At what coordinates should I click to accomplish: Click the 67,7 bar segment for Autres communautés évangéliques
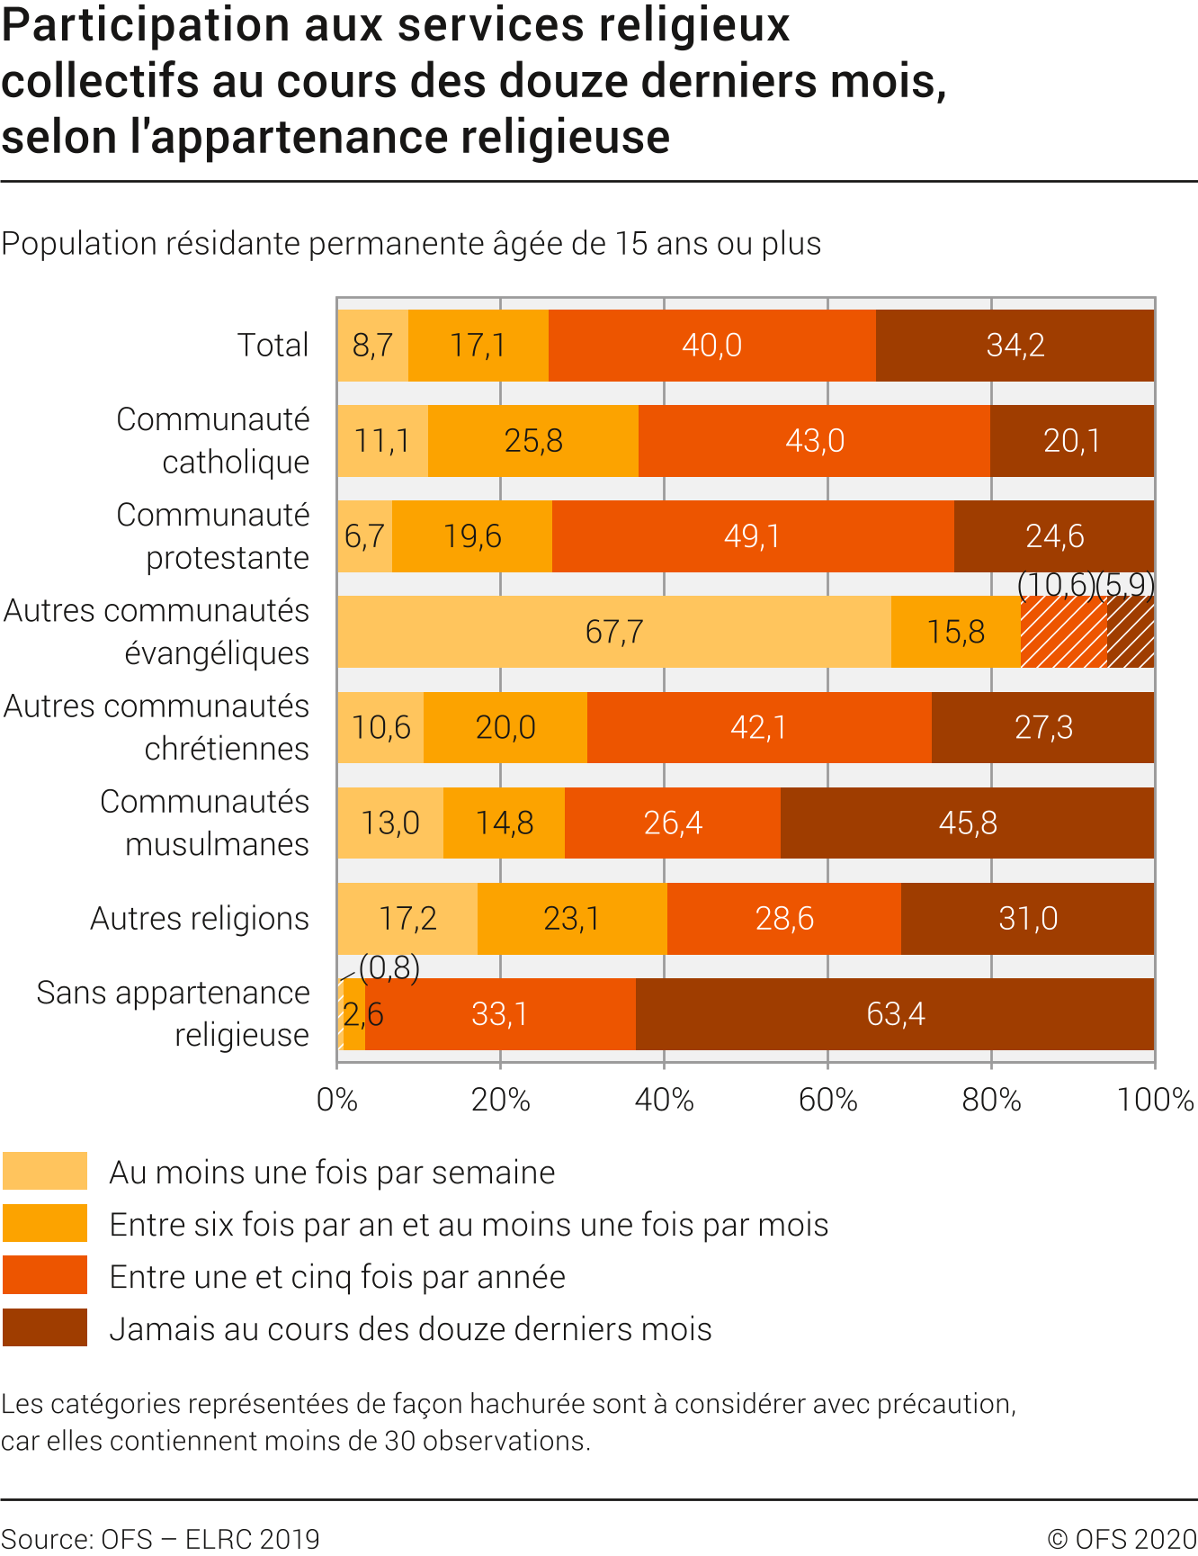[x=614, y=632]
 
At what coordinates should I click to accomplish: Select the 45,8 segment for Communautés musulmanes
[x=968, y=823]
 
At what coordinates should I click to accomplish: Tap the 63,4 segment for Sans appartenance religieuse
[x=895, y=1014]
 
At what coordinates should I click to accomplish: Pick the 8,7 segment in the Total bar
[x=372, y=346]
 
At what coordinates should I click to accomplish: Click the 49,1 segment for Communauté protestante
[x=753, y=536]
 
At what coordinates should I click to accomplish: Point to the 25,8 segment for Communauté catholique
[x=533, y=441]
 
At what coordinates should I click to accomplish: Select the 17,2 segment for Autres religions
[x=407, y=919]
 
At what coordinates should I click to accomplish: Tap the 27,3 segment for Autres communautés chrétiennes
[x=1043, y=727]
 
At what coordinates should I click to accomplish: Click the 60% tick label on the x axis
[x=827, y=1100]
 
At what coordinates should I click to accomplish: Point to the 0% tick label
[x=337, y=1100]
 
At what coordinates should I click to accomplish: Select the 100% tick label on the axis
[x=1155, y=1100]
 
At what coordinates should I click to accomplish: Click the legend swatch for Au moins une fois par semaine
[x=45, y=1171]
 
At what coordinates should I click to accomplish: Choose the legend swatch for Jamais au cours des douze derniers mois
[x=45, y=1327]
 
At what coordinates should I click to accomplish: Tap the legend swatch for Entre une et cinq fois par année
[x=45, y=1275]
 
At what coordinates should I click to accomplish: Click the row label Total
[x=273, y=346]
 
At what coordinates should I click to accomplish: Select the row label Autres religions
[x=200, y=919]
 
